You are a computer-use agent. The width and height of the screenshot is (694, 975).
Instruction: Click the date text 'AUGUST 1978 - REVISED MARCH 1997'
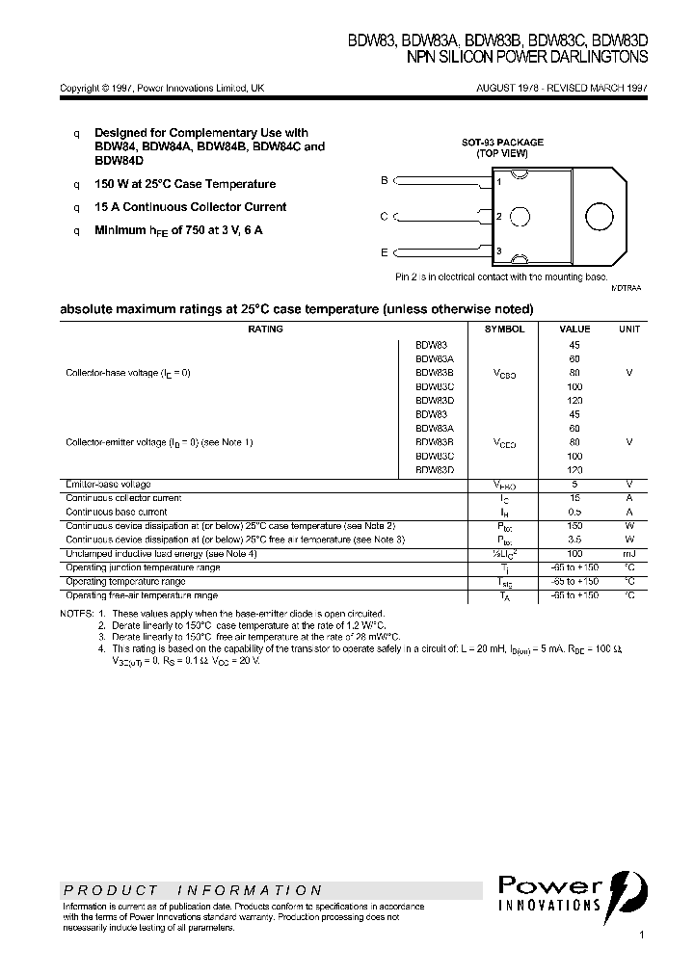(x=562, y=88)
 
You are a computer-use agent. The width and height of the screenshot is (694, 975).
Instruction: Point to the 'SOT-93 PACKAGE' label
(x=501, y=143)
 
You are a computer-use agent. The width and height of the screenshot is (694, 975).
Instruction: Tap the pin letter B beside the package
(x=384, y=180)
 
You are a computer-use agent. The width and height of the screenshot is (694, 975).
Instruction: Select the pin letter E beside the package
(x=384, y=252)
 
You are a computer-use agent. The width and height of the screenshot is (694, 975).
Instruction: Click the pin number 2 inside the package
(x=498, y=217)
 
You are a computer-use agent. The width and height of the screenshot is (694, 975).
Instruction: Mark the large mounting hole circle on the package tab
(x=597, y=216)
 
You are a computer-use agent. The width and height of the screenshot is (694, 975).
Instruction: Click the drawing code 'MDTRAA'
(x=626, y=288)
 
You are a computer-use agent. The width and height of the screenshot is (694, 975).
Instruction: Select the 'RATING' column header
(x=265, y=329)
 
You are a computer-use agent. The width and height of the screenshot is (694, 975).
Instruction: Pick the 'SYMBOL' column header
(x=504, y=329)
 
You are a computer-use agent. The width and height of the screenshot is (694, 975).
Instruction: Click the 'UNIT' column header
(x=628, y=329)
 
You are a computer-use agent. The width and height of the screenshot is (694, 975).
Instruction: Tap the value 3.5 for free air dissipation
(x=574, y=540)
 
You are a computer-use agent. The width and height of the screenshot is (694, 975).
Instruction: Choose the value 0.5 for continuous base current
(x=574, y=513)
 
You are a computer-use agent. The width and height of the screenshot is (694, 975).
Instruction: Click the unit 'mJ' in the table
(x=628, y=554)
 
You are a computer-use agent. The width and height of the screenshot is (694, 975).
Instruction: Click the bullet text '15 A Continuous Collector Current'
(x=190, y=207)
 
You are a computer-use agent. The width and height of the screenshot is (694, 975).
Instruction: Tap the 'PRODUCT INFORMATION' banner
(x=193, y=891)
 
